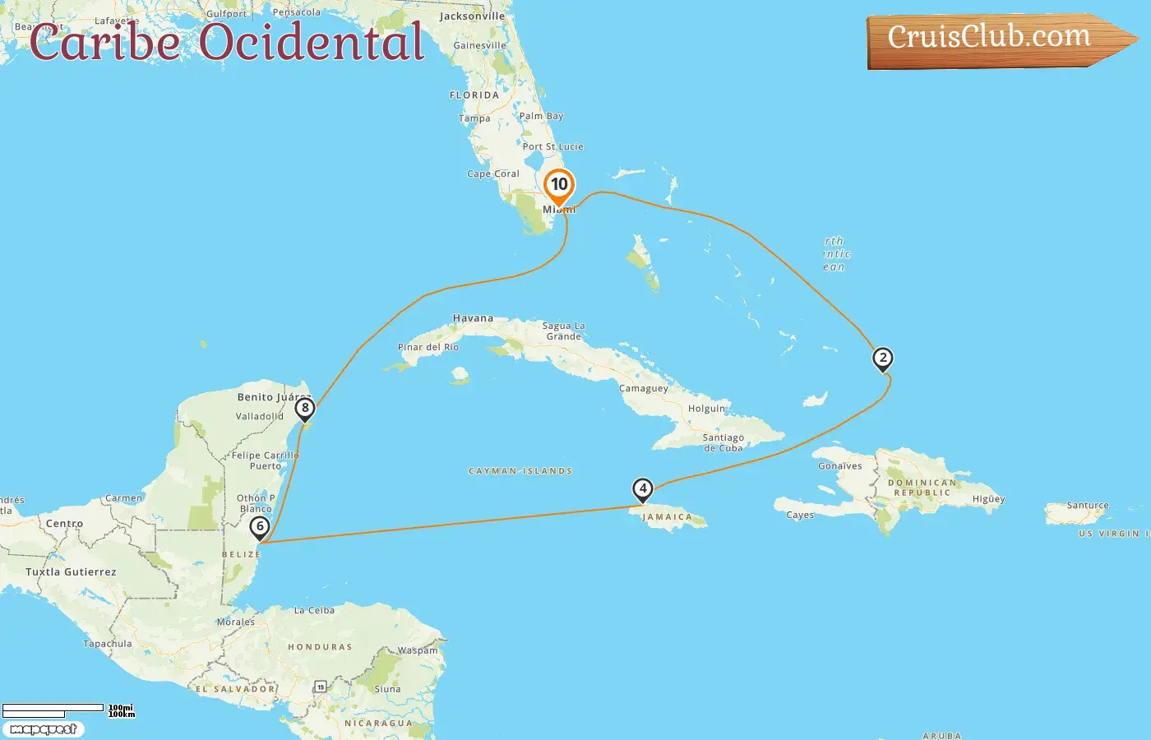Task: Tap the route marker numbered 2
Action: coord(883,358)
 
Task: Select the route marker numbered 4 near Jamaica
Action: coord(642,489)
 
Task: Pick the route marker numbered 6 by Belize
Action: coord(260,527)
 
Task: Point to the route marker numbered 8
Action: coord(305,409)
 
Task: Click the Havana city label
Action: coord(473,318)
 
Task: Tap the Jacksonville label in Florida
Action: coord(472,16)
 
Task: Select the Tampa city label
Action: coord(474,118)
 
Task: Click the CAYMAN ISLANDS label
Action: coord(520,471)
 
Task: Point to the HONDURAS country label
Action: coord(320,647)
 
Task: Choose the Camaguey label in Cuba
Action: coord(644,388)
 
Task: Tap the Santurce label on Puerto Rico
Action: coord(1088,506)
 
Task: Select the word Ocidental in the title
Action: coord(312,43)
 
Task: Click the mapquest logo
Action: coord(44,729)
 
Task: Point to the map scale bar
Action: coord(53,709)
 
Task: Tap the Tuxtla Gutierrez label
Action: coord(71,572)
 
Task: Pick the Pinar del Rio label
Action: coord(428,347)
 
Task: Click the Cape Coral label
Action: coord(493,173)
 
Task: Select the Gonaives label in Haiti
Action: coord(840,466)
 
